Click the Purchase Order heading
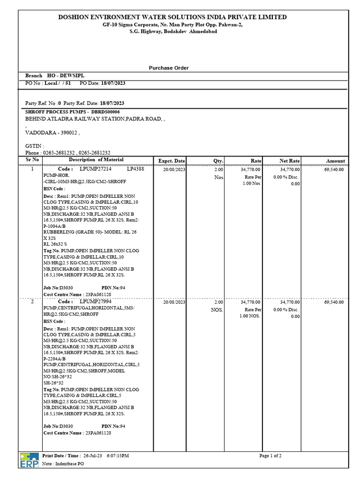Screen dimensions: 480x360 click(168, 68)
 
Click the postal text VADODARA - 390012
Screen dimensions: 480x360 click(52, 133)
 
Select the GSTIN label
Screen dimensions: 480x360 click(34, 146)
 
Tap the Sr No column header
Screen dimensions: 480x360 click(32, 160)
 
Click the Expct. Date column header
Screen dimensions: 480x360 click(172, 161)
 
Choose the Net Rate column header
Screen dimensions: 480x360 click(290, 161)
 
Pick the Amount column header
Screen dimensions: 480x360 click(335, 161)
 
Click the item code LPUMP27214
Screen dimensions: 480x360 click(96, 169)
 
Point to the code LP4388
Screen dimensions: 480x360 click(135, 169)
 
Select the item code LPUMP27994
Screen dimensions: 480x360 click(96, 302)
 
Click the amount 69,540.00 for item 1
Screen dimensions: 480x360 click(334, 169)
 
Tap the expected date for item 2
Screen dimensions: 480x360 click(174, 302)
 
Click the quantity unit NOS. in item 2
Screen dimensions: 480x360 click(217, 310)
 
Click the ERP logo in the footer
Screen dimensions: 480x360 click(29, 460)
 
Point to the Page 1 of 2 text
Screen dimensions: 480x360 click(270, 456)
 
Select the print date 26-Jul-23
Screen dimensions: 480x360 click(92, 456)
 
